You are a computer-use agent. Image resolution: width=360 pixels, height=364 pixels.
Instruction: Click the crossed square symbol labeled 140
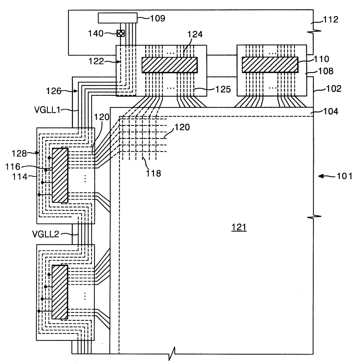pos(120,33)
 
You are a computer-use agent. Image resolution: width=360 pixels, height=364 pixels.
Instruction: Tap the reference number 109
pos(157,19)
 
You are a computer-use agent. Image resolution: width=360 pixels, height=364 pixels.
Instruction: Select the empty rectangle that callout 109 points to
pos(118,18)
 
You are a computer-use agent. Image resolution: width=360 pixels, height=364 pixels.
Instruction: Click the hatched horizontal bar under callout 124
pos(170,65)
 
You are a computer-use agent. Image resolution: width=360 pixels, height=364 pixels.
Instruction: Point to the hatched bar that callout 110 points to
pos(270,65)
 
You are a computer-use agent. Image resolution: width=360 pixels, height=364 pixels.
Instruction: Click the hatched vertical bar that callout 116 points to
pos(60,175)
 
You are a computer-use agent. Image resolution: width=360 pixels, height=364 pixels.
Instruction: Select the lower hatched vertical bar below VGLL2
pos(60,292)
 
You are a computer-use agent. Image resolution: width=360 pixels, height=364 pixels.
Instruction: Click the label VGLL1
pos(47,110)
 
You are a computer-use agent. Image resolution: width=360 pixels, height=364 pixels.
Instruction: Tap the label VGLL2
pos(46,234)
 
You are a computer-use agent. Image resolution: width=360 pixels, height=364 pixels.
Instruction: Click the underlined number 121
pos(239,227)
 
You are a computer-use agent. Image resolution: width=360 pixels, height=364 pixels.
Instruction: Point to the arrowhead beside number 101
pos(321,176)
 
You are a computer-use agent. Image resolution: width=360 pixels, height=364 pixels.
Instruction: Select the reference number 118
pos(153,173)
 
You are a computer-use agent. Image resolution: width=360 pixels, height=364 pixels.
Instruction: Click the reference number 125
pos(223,89)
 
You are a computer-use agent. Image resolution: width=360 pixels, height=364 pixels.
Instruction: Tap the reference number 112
pos(331,19)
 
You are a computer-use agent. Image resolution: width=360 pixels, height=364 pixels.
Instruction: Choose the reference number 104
pos(330,111)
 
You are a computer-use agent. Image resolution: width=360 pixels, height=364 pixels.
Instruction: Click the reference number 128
pos(19,153)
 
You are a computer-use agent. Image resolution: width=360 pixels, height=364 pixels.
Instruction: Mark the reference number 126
pos(54,91)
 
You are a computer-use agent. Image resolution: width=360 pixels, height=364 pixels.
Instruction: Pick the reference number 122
pos(96,61)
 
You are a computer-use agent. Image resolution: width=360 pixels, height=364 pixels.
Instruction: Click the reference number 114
pos(20,177)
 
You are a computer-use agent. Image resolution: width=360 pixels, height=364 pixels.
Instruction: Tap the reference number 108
pos(326,71)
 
